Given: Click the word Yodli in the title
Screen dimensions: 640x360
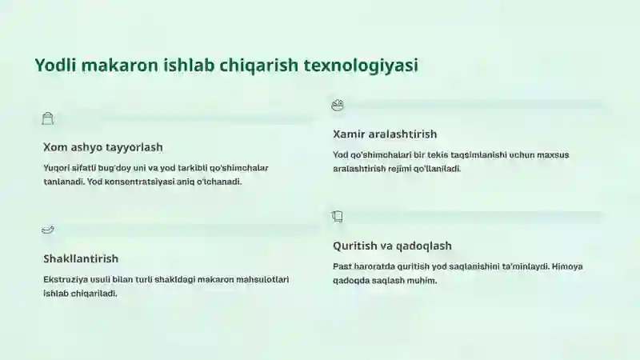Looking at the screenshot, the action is coord(55,66).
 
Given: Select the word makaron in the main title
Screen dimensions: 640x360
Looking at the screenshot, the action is coord(119,66).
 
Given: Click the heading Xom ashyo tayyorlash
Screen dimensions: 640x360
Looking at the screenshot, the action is coord(103,147).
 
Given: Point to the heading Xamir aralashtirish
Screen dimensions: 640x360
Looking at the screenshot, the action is coord(385,134).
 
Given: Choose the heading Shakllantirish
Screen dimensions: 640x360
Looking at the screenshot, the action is coord(81,258).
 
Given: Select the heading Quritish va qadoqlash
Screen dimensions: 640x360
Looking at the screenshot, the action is coord(392,246).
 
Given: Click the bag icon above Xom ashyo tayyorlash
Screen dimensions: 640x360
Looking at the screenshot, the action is coord(48,118).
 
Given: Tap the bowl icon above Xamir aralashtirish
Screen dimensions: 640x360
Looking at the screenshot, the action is coord(338,105).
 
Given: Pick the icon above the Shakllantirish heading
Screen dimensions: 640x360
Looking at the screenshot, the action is coord(48,230).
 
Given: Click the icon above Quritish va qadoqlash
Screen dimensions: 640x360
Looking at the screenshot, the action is coord(337,216).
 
